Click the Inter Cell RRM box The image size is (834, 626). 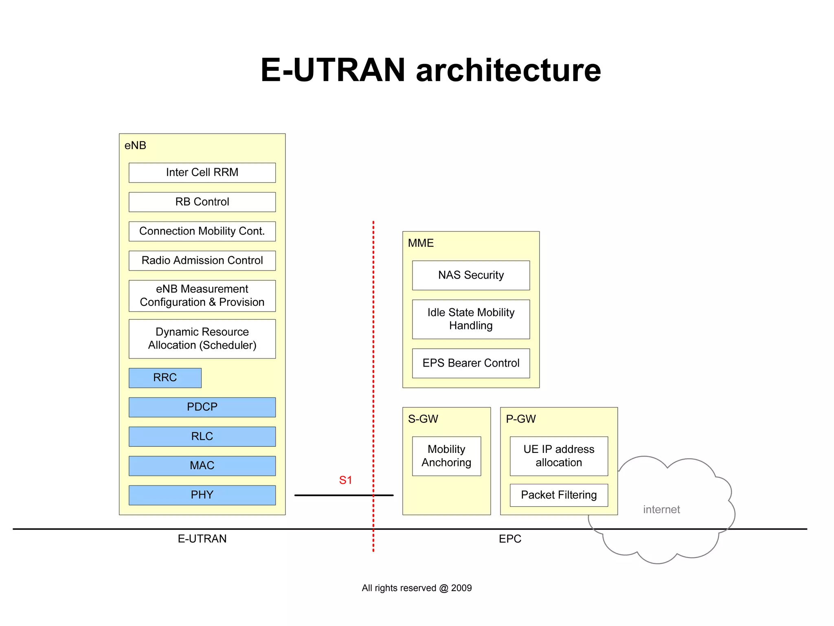pyautogui.click(x=202, y=173)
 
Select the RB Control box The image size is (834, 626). pyautogui.click(x=202, y=202)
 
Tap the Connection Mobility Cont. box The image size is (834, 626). pyautogui.click(x=202, y=231)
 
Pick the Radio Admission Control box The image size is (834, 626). pyautogui.click(x=202, y=261)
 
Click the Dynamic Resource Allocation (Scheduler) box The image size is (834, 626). pyautogui.click(x=202, y=339)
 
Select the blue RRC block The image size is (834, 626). pyautogui.click(x=165, y=378)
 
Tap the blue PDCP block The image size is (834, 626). pyautogui.click(x=202, y=407)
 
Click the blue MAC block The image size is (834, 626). pyautogui.click(x=202, y=466)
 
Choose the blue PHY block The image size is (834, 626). pyautogui.click(x=202, y=495)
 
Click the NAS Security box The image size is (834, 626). pyautogui.click(x=471, y=275)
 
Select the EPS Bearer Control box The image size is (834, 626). pyautogui.click(x=471, y=363)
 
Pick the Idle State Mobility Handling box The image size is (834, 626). pyautogui.click(x=471, y=319)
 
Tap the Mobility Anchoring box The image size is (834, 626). pyautogui.click(x=446, y=456)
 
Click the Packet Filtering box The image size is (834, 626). pyautogui.click(x=559, y=495)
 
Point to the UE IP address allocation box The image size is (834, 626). pyautogui.click(x=559, y=456)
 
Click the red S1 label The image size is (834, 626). pyautogui.click(x=345, y=481)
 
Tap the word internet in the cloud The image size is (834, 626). pyautogui.click(x=661, y=510)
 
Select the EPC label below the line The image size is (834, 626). pyautogui.click(x=510, y=539)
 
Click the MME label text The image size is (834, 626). pyautogui.click(x=421, y=243)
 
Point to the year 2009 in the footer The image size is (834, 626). pyautogui.click(x=461, y=588)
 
